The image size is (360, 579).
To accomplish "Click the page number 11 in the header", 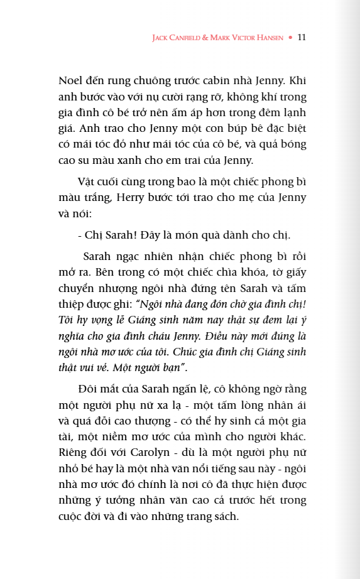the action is click(302, 37).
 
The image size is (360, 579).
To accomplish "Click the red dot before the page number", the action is click(290, 38).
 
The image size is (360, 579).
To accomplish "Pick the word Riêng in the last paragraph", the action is click(74, 452).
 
